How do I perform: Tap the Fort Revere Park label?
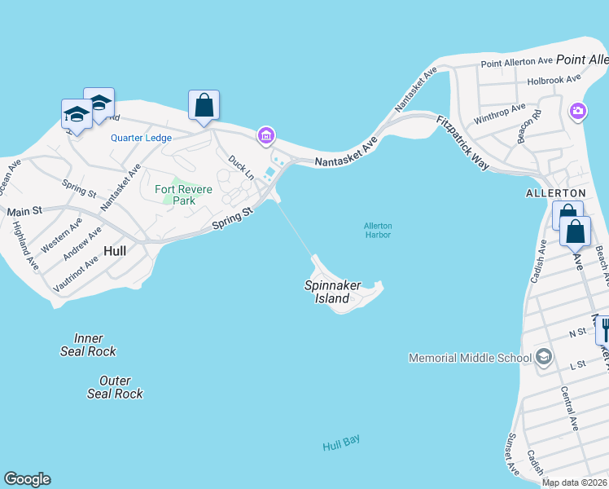coord(184,195)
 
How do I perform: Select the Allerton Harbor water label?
coord(378,230)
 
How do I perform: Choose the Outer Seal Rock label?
coord(115,387)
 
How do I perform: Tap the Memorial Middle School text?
coord(468,358)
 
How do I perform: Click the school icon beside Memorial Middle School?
coord(544,357)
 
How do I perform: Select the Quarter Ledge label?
coord(141,138)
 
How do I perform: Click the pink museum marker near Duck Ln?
coord(265,136)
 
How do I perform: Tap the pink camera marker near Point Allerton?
coord(577,111)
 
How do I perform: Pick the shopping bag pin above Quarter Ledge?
coord(204,104)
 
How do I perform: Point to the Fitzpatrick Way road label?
coord(463,142)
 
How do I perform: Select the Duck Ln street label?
coord(242,167)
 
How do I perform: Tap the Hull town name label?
coord(115,251)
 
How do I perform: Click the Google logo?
coord(27,479)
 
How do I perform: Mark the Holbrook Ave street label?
coord(554,79)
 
